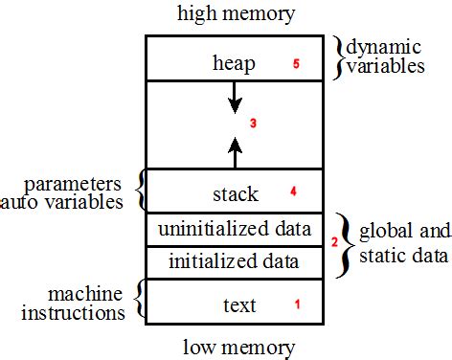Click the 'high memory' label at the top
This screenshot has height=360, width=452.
coord(235,14)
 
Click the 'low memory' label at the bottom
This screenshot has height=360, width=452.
coord(236,346)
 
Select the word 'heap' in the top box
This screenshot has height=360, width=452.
coord(234,64)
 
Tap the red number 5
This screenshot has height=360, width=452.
coord(296,64)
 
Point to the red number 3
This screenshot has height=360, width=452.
coord(253,124)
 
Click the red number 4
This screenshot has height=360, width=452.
coord(293,191)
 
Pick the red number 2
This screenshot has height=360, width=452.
coord(334,242)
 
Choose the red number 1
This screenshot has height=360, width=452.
coord(297,304)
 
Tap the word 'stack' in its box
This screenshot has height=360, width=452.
coord(235,194)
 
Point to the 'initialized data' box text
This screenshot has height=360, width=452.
coord(235,260)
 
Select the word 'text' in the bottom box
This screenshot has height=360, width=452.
coord(238,305)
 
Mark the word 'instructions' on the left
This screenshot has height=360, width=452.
coord(76,311)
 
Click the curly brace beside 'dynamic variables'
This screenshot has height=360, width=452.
coord(337,56)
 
